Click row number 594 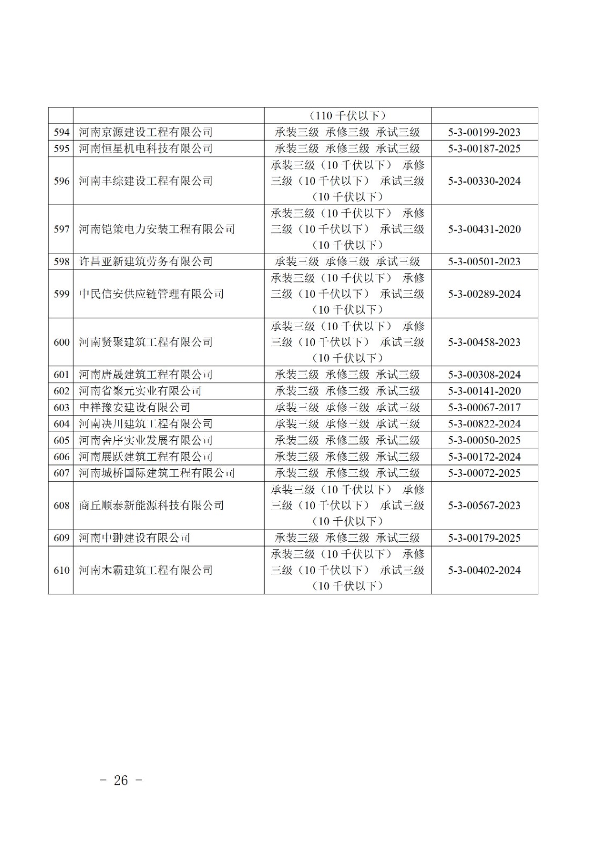(61, 132)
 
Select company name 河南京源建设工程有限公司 (145, 132)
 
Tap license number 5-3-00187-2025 (484, 149)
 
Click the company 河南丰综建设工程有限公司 (145, 181)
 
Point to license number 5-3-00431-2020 (484, 229)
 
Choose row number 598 (61, 261)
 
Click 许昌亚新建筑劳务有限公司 (145, 261)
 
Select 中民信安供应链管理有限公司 (151, 294)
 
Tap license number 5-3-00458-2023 (484, 342)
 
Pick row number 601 (61, 375)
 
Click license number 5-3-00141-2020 (484, 391)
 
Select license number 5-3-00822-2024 (484, 424)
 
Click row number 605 (61, 440)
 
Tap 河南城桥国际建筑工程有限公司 (157, 473)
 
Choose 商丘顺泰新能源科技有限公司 (151, 505)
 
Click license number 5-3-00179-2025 (484, 538)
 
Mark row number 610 (61, 570)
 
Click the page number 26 (121, 781)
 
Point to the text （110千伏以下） (348, 116)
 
